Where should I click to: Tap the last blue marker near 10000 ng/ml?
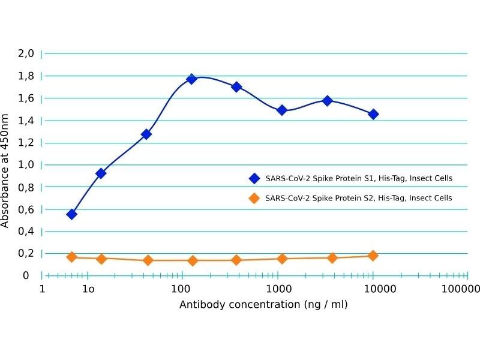(x=373, y=114)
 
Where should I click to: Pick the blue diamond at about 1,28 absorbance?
(x=146, y=134)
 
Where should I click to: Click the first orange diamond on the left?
(x=72, y=257)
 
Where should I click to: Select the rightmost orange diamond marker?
(x=373, y=256)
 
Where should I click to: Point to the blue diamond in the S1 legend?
(x=254, y=178)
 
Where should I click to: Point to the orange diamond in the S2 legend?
(x=254, y=197)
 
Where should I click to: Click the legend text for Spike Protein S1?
(x=358, y=178)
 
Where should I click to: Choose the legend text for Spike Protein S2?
(x=358, y=197)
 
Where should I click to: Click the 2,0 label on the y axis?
(x=26, y=53)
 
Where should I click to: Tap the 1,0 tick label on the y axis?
(x=26, y=164)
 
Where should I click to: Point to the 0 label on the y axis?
(x=26, y=275)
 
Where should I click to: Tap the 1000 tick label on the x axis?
(x=278, y=290)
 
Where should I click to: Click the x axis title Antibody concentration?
(x=263, y=304)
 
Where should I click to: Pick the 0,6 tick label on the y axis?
(x=26, y=209)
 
